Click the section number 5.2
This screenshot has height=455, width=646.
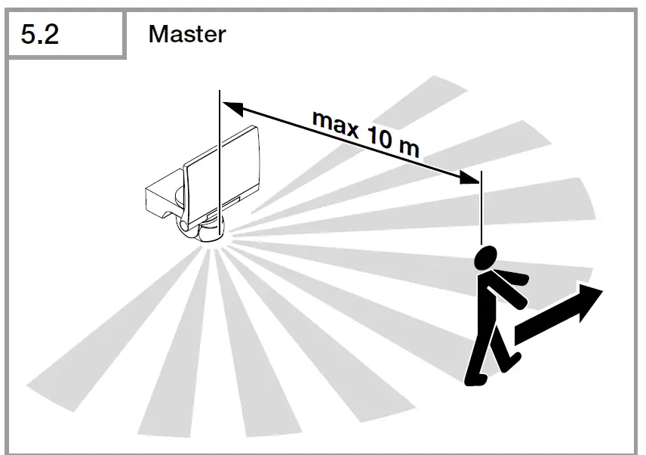pyautogui.click(x=40, y=35)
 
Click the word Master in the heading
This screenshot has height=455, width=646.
pyautogui.click(x=186, y=34)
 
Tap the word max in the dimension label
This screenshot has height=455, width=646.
pyautogui.click(x=334, y=125)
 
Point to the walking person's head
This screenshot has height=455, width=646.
pyautogui.click(x=485, y=258)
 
